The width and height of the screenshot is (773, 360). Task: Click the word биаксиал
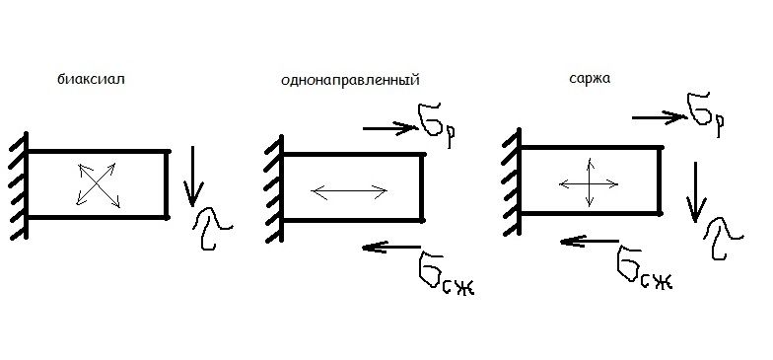pyautogui.click(x=91, y=79)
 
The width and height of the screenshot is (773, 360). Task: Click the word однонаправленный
pyautogui.click(x=350, y=81)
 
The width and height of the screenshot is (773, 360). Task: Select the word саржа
pyautogui.click(x=590, y=79)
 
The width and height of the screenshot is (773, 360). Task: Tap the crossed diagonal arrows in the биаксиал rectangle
pyautogui.click(x=97, y=184)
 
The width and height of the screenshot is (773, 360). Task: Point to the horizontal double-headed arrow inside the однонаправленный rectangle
pyautogui.click(x=349, y=191)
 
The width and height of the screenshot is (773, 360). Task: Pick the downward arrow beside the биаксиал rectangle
pyautogui.click(x=192, y=176)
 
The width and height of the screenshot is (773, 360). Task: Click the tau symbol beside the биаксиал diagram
pyautogui.click(x=211, y=229)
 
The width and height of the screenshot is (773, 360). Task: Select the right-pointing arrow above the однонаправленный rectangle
pyautogui.click(x=390, y=128)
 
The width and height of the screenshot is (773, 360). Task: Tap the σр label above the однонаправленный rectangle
pyautogui.click(x=436, y=125)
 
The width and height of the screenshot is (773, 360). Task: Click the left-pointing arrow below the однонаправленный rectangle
pyautogui.click(x=391, y=247)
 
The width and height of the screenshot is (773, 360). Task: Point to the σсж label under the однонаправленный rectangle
pyautogui.click(x=445, y=274)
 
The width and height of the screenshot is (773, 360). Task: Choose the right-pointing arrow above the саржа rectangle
pyautogui.click(x=659, y=118)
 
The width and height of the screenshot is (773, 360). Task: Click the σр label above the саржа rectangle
pyautogui.click(x=706, y=114)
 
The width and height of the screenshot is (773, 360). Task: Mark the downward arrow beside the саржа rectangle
pyautogui.click(x=696, y=192)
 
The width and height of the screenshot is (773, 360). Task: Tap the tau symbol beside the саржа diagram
pyautogui.click(x=722, y=239)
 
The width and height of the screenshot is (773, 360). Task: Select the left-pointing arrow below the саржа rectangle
pyautogui.click(x=590, y=241)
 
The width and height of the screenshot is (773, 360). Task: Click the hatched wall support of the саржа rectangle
pyautogui.click(x=513, y=182)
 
